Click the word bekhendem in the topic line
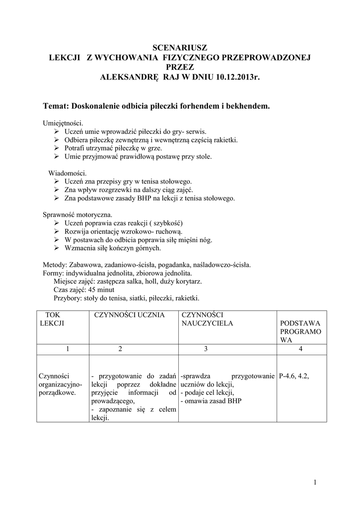coord(245,106)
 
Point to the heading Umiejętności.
coord(63,123)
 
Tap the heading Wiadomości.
coord(68,173)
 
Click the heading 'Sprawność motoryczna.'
coord(77,215)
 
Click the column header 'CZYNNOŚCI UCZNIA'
coord(129,315)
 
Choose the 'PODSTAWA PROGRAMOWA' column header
coord(300,331)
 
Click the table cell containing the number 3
coord(205,349)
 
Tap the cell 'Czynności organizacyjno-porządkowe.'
coord(60,384)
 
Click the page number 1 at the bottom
coord(315,482)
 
